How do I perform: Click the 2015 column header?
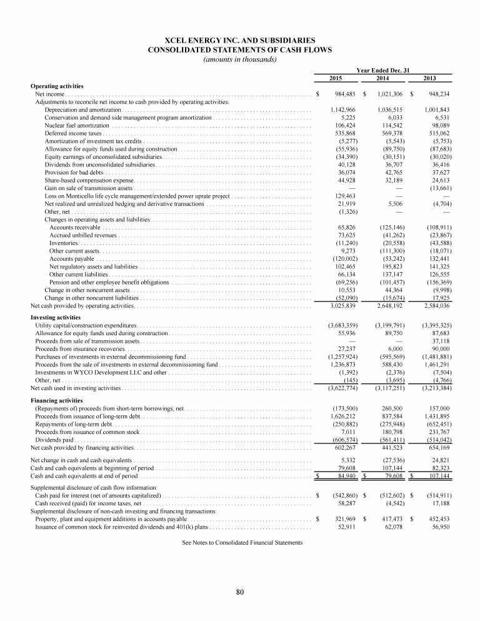[x=336, y=78]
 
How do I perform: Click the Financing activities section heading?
[x=57, y=400]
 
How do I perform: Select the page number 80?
[x=239, y=592]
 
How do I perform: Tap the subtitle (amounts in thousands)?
[x=240, y=59]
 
